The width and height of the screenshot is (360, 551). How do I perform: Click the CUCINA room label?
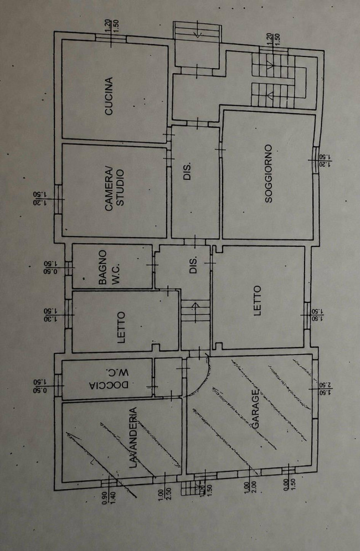click(x=109, y=96)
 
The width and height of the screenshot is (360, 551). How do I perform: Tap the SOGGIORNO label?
click(x=269, y=173)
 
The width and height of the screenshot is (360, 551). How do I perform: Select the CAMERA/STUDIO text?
click(x=115, y=190)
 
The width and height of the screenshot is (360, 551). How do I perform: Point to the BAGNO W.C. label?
click(x=109, y=267)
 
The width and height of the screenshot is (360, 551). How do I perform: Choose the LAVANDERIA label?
click(x=132, y=437)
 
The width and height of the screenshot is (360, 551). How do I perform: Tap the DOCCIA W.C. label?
click(x=109, y=378)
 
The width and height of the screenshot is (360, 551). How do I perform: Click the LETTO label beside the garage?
click(x=258, y=301)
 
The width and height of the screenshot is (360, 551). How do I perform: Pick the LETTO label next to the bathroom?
click(x=121, y=327)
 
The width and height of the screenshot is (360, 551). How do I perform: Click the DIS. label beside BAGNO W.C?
click(x=194, y=265)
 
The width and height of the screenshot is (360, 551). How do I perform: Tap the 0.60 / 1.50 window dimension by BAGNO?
click(x=50, y=267)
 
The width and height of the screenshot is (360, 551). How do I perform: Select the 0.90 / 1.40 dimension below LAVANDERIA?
click(x=108, y=498)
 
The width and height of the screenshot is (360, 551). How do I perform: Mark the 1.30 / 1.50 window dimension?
click(x=50, y=315)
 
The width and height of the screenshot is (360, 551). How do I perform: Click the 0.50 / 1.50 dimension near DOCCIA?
click(x=39, y=385)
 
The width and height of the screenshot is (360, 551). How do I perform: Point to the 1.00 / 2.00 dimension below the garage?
click(x=250, y=487)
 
